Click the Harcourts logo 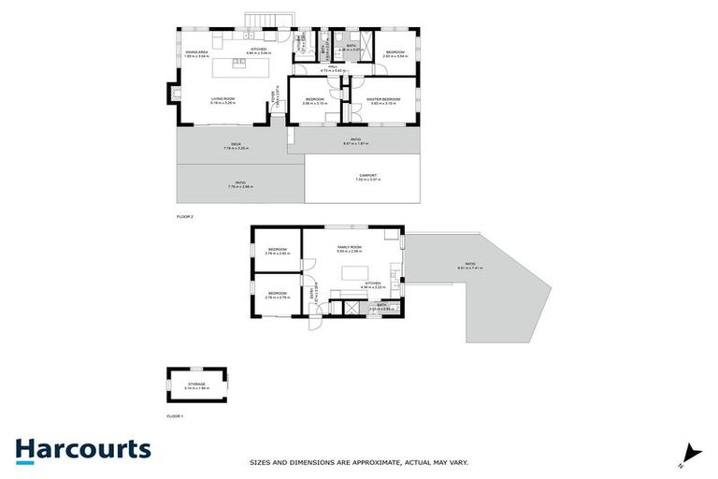pos(82,449)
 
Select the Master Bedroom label pos(383,99)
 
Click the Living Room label pos(223,98)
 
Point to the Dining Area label pos(195,52)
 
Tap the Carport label pos(367,177)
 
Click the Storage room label pos(197,385)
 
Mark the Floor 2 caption pos(184,216)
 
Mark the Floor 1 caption pos(174,415)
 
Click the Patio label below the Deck pos(240,185)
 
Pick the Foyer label pos(273,96)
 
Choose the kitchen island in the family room pos(355,273)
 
